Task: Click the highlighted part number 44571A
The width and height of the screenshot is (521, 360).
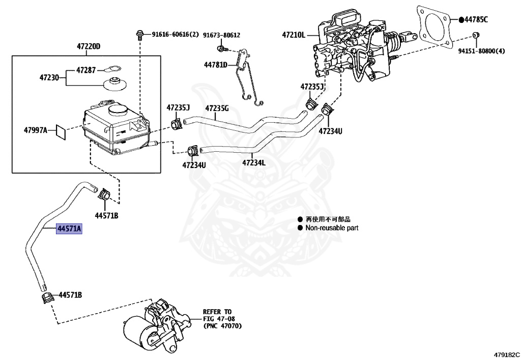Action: pos(70,230)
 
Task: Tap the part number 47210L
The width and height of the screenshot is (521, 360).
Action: pos(294,35)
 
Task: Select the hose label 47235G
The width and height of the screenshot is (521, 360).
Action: pos(217,108)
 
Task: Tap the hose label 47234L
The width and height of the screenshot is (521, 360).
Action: pos(253,163)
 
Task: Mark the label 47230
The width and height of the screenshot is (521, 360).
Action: pos(50,78)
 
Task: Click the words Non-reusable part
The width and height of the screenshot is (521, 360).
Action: pos(332,228)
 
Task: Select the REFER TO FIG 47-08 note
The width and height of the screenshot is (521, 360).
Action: pos(221,318)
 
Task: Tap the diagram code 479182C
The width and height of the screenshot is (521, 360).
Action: pos(506,354)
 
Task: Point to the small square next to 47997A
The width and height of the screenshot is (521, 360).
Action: pos(60,131)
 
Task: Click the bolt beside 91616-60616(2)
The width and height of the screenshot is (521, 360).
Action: pos(139,35)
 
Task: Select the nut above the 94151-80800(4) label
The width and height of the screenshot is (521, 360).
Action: pos(475,35)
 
